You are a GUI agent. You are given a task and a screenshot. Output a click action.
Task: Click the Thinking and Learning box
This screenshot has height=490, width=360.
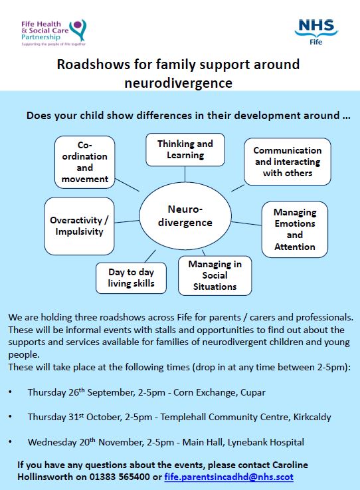[x=185, y=150]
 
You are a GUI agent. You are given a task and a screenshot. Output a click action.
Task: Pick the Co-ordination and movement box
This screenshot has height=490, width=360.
[x=85, y=162]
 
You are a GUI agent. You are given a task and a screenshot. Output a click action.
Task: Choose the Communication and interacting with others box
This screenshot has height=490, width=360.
[x=287, y=162]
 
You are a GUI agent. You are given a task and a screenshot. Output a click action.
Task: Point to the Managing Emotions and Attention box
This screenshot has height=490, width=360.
[x=295, y=229]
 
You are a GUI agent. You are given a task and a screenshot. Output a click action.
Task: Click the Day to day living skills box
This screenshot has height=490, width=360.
[x=131, y=277]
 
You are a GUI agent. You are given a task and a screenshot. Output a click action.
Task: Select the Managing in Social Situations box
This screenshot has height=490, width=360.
[x=215, y=275]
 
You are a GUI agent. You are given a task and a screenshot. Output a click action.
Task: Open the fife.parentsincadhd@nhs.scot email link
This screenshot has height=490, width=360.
[x=228, y=477]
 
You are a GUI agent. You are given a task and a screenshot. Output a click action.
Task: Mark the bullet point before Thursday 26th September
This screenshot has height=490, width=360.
[x=10, y=392]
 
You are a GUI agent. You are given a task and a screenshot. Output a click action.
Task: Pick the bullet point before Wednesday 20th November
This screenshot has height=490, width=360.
[x=10, y=441]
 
